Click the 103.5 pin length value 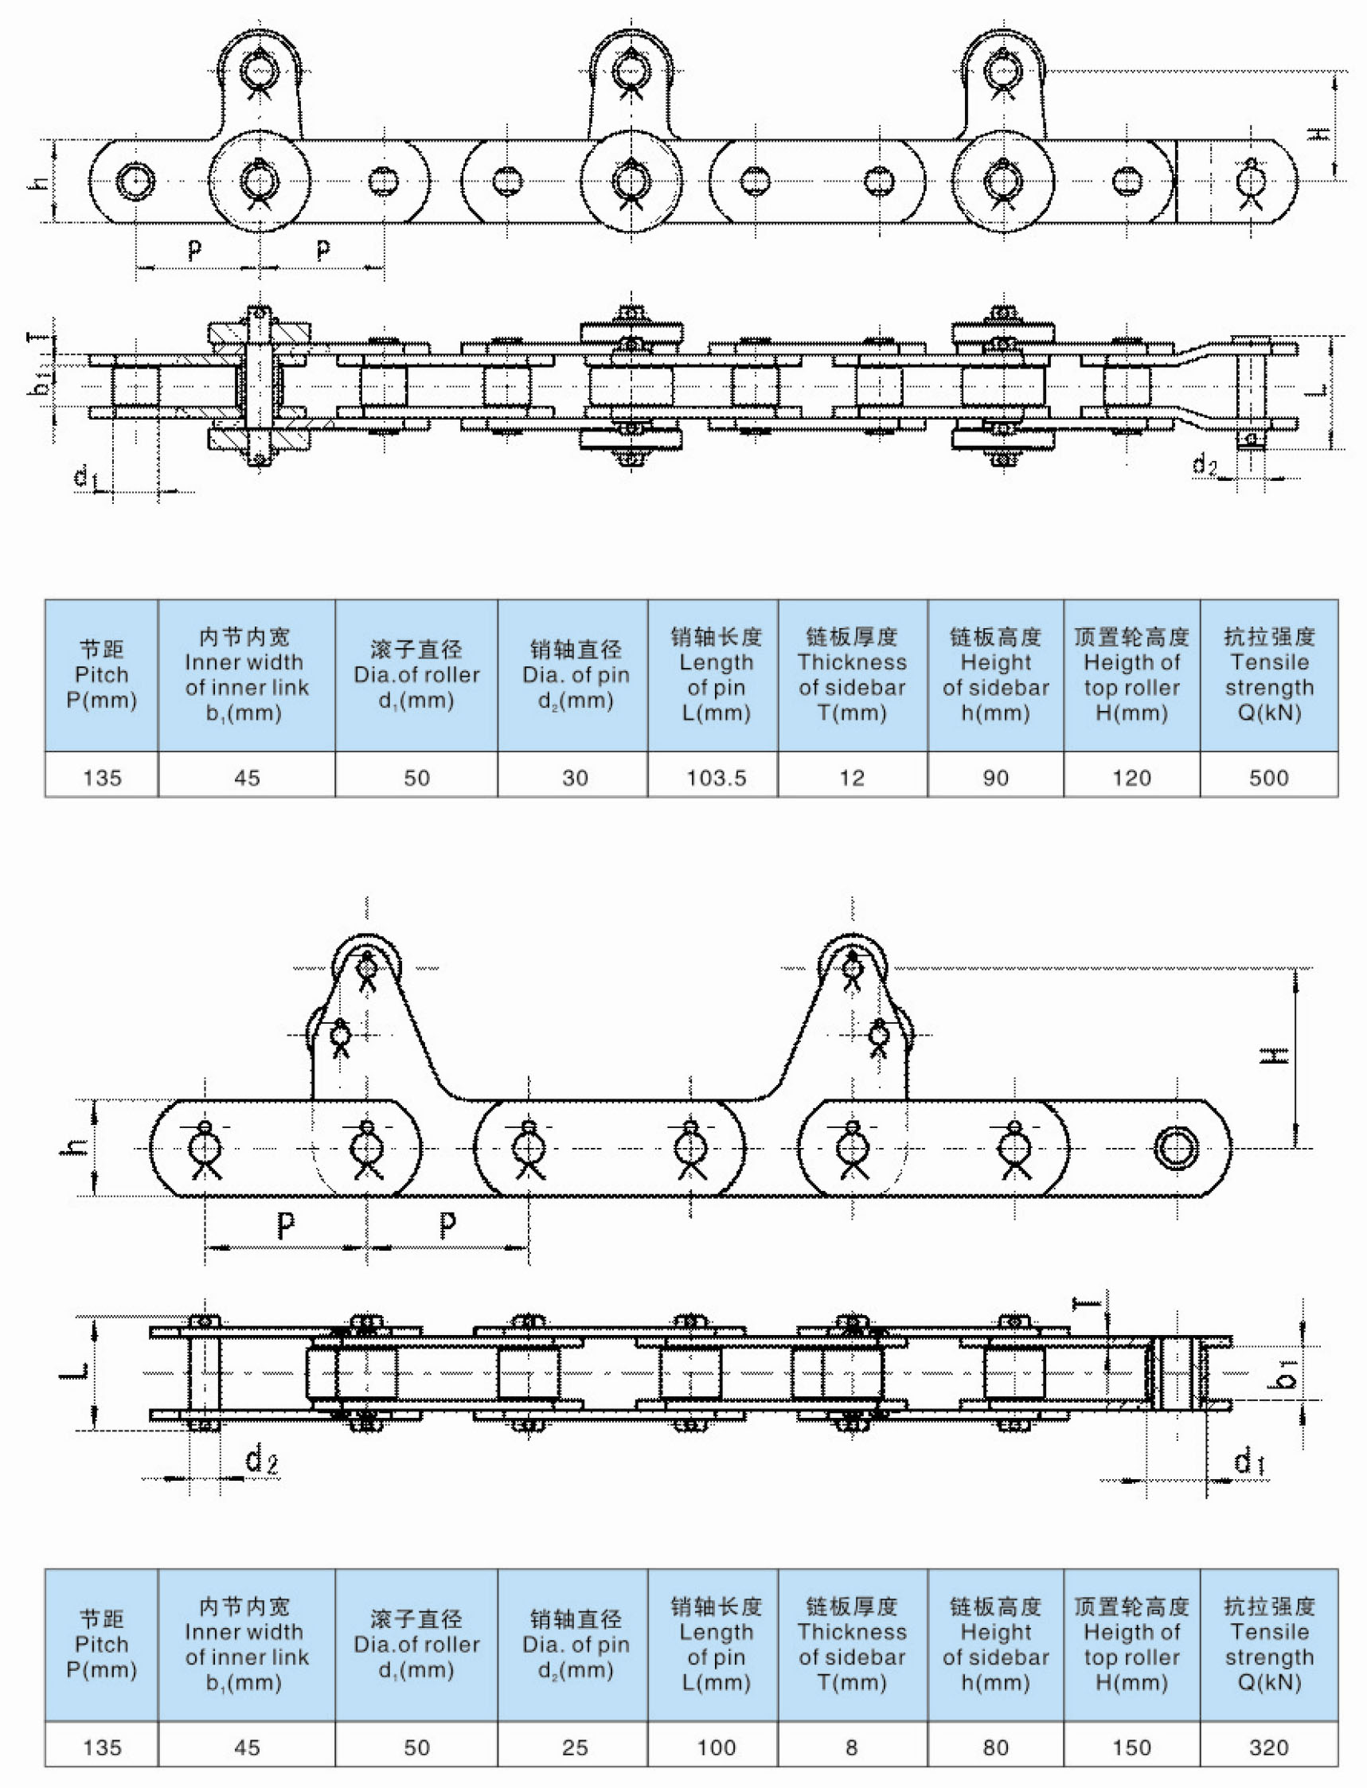pos(716,778)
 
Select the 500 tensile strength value pos(1268,778)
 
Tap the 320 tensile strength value pos(1268,1747)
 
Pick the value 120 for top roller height pos(1132,778)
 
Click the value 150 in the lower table pos(1132,1747)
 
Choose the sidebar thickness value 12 pos(852,778)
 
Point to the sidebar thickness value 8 pos(852,1747)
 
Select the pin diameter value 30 pos(575,778)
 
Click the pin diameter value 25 pos(575,1747)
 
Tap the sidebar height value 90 pos(996,778)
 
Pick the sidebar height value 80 pos(996,1747)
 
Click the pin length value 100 pos(716,1747)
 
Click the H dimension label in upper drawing pos(1319,133)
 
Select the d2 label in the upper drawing pos(1205,465)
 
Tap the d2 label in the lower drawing pos(262,1459)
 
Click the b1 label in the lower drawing pos(1287,1373)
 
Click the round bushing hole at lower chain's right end pos(1176,1149)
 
